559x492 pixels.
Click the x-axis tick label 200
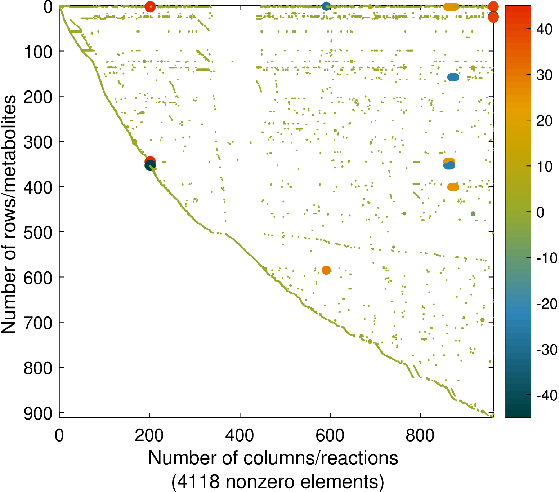tap(149, 435)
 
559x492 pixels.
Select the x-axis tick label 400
tap(240, 435)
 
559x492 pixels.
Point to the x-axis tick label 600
tap(330, 435)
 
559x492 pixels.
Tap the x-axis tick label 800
tap(420, 435)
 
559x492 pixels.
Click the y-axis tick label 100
tap(38, 52)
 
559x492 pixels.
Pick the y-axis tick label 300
tap(38, 142)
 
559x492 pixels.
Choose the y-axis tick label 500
tap(38, 232)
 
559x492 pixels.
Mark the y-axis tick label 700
tap(38, 323)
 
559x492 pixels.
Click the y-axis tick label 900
tap(38, 413)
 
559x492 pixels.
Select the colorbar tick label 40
tap(544, 30)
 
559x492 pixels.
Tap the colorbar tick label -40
tap(546, 395)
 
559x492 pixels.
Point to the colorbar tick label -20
tap(546, 304)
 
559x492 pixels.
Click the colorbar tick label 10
tap(544, 167)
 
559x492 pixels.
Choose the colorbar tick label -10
tap(546, 258)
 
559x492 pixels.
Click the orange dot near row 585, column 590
tap(326, 270)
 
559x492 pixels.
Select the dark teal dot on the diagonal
tap(150, 166)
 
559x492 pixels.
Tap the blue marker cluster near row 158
tap(453, 77)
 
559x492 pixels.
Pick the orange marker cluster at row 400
tap(453, 187)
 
